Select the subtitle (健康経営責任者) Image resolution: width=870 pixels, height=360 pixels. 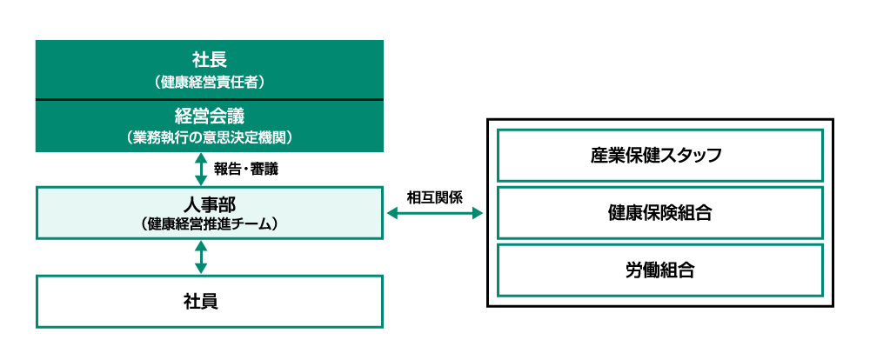pyautogui.click(x=209, y=83)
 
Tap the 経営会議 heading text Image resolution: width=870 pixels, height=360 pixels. pyautogui.click(x=209, y=116)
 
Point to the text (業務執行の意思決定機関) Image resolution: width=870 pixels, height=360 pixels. pyautogui.click(x=209, y=137)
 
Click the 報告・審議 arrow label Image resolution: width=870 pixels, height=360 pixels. pyautogui.click(x=250, y=168)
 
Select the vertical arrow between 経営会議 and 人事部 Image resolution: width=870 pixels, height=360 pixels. pyautogui.click(x=201, y=169)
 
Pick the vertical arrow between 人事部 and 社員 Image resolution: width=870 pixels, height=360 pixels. pyautogui.click(x=201, y=257)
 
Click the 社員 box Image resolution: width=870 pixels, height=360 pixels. pyautogui.click(x=209, y=301)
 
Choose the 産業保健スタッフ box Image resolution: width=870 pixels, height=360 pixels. pyautogui.click(x=659, y=156)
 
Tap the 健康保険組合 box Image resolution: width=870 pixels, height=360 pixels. pyautogui.click(x=659, y=213)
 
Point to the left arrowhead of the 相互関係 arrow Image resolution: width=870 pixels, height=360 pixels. pyautogui.click(x=391, y=212)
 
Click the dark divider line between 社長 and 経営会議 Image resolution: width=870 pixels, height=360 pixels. pyautogui.click(x=209, y=100)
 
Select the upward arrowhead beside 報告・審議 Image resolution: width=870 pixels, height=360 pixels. pyautogui.click(x=201, y=158)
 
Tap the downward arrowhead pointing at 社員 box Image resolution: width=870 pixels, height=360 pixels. pyautogui.click(x=201, y=269)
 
